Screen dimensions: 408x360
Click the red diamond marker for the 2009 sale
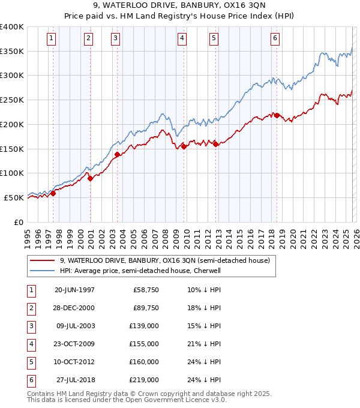point(184,146)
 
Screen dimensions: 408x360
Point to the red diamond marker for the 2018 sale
point(277,115)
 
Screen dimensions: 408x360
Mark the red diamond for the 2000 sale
point(91,178)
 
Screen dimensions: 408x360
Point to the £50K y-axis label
point(14,197)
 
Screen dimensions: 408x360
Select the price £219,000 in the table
point(144,380)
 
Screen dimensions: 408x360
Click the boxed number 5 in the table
point(31,362)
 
